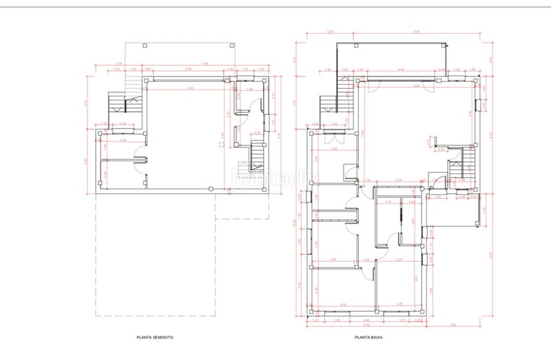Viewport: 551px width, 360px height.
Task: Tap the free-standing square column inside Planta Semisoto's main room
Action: [220, 145]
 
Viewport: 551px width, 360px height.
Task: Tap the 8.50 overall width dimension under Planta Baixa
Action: [366, 324]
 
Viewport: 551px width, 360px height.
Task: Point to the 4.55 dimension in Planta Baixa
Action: [342, 303]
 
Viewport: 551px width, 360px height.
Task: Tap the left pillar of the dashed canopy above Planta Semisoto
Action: [144, 45]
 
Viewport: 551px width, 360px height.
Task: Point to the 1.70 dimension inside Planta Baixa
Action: [388, 202]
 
